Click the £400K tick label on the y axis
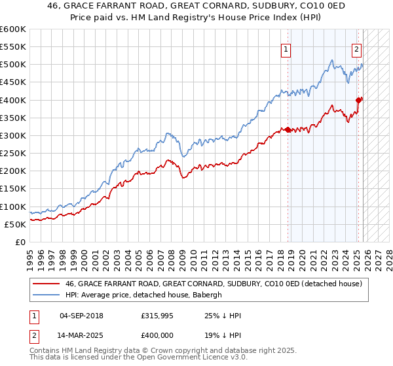coord(13,100)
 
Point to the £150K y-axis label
coord(13,189)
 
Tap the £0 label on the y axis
coord(20,242)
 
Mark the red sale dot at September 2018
coord(288,129)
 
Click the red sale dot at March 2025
coord(359,100)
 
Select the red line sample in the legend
coord(46,284)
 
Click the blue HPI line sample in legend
coord(46,295)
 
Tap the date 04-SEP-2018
coord(81,316)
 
